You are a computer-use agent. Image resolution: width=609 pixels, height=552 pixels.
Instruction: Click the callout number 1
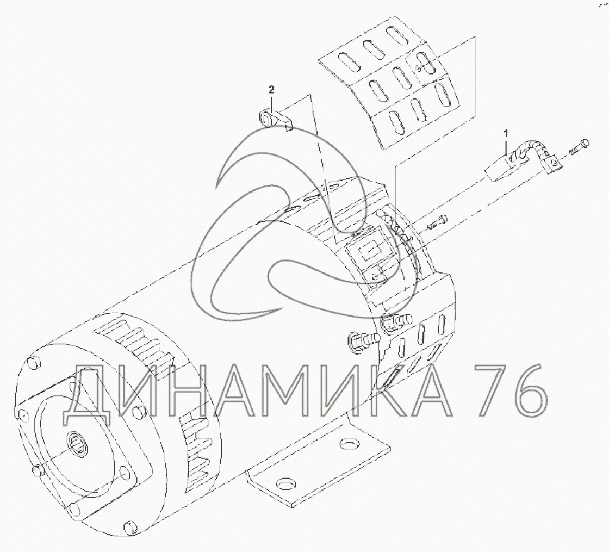505,134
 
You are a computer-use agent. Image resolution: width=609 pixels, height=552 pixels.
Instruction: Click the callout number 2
271,90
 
